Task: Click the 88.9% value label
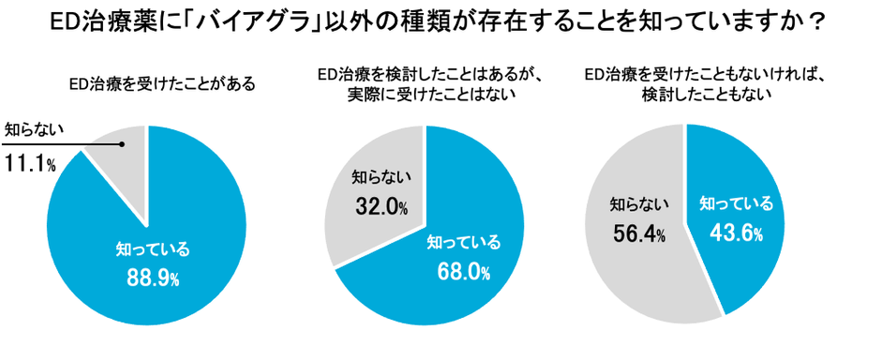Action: point(153,277)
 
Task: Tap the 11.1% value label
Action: point(31,165)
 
